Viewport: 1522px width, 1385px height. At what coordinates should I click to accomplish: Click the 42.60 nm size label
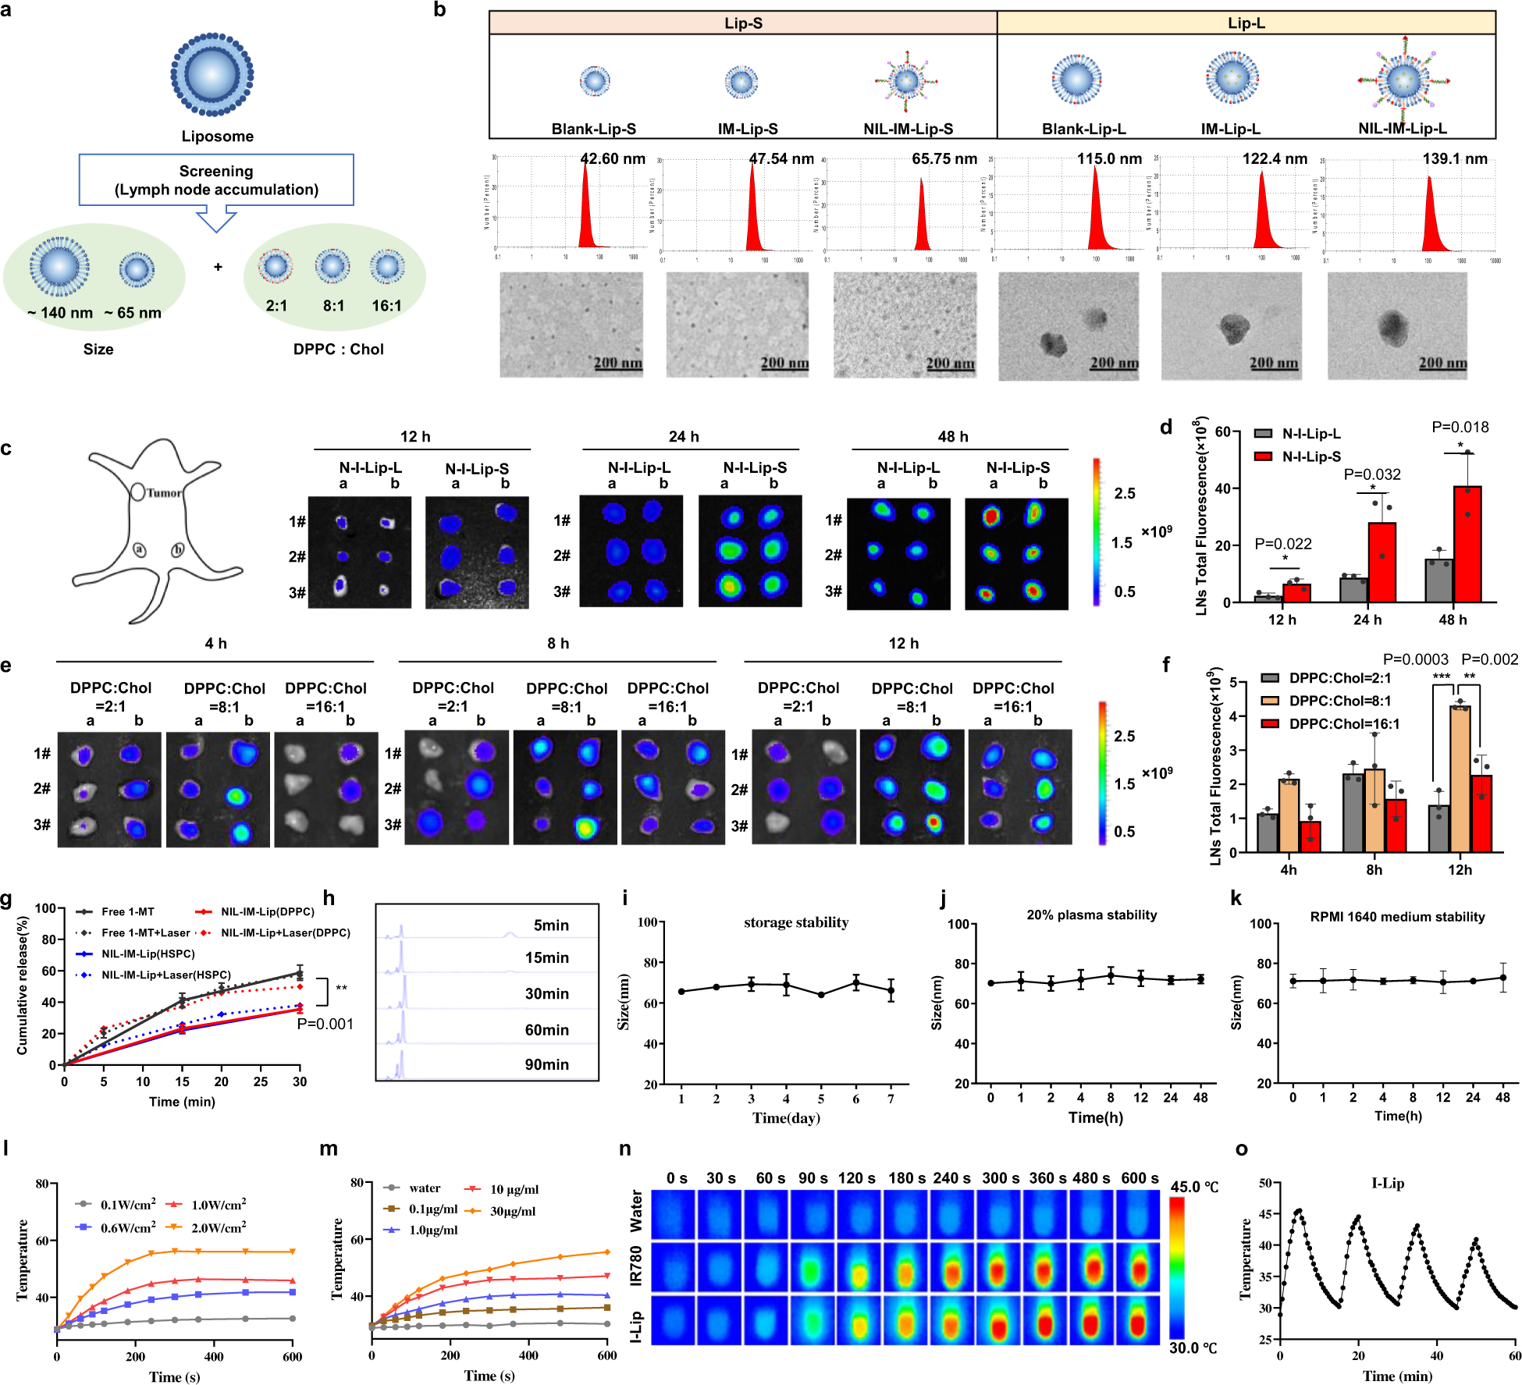613,159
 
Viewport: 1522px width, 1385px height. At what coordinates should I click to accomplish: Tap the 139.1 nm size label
1455,159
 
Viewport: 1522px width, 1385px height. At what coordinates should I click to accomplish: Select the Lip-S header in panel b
743,23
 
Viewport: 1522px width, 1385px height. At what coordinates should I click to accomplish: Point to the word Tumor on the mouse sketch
164,493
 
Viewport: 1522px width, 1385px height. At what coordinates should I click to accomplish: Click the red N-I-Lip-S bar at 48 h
1467,544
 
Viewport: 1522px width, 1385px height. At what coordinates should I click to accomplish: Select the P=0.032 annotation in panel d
1371,474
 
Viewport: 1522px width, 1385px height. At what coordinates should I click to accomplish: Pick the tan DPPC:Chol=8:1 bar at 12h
1460,778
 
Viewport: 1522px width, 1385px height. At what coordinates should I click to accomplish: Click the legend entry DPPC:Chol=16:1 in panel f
1343,724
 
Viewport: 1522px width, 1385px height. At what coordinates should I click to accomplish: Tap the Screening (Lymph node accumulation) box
216,180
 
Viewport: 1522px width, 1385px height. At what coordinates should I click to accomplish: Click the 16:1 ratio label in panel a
386,306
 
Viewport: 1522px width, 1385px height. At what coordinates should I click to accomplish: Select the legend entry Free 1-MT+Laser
145,932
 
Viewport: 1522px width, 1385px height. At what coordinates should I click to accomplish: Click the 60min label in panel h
546,1030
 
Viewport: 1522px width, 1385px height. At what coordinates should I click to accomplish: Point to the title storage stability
795,922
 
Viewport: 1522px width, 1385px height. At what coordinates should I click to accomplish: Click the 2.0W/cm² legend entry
218,1227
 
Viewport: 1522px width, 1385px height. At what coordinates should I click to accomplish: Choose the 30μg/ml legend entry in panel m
512,1211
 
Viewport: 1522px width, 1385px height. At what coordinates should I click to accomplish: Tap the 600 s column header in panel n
1140,1178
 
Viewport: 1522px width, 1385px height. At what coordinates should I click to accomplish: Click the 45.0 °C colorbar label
1193,1187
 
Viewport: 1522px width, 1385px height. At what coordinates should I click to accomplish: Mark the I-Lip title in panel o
1387,1183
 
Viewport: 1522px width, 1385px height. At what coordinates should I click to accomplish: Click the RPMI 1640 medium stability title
1397,917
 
